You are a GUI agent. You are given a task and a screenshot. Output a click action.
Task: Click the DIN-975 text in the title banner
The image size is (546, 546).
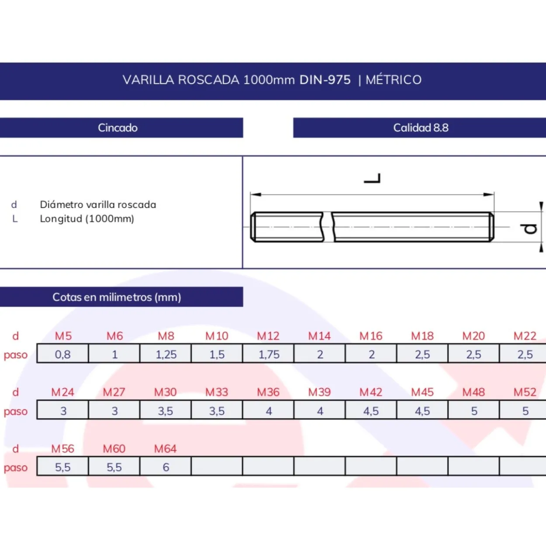[x=325, y=80]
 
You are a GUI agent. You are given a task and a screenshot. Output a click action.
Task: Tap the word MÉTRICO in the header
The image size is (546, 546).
[x=394, y=79]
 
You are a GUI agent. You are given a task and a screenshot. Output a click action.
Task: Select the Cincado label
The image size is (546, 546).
[x=118, y=128]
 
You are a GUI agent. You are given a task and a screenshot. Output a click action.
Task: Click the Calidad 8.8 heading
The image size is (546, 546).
[x=421, y=128]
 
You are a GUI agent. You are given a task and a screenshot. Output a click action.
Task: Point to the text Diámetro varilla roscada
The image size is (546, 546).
[x=98, y=204]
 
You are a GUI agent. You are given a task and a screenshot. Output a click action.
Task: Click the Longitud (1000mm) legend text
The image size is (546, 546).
[x=87, y=219]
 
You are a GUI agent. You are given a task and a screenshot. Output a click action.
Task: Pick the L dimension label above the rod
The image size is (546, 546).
[x=372, y=178]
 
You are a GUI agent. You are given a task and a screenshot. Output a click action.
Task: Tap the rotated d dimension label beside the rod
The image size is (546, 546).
[x=529, y=228]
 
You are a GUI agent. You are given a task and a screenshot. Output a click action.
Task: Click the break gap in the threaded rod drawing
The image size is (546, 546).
[x=328, y=227]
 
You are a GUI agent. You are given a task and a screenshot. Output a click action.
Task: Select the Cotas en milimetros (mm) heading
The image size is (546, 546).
[x=117, y=297]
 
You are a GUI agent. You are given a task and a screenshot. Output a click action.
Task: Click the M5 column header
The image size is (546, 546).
[x=63, y=336]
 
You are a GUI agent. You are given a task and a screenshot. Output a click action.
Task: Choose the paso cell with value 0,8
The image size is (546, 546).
[x=62, y=353]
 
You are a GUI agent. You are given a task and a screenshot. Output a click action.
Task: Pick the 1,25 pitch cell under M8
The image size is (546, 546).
[x=166, y=353]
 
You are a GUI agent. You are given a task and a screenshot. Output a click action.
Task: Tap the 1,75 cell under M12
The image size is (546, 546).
[x=268, y=353]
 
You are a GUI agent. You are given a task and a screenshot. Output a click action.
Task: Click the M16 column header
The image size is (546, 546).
[x=371, y=336]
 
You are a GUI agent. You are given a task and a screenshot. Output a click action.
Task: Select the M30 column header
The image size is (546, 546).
[x=166, y=392]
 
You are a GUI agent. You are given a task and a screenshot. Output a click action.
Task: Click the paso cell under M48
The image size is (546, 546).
[x=474, y=410]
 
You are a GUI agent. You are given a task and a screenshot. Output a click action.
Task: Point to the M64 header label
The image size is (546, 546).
[x=166, y=449]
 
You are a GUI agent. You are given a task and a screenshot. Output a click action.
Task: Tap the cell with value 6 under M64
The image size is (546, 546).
[x=166, y=466]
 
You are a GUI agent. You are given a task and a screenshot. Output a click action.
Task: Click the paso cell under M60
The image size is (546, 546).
[x=114, y=466]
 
